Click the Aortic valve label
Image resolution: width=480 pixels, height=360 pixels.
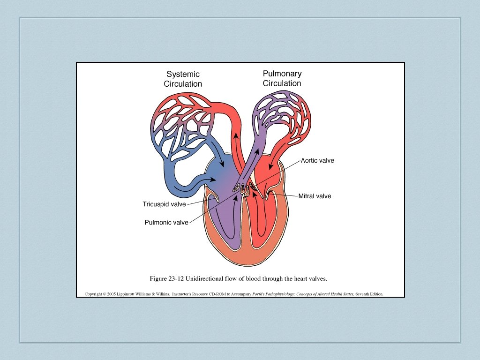tap(317, 161)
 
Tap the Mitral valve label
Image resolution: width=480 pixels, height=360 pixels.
tap(315, 196)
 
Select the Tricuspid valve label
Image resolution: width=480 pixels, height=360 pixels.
tap(164, 204)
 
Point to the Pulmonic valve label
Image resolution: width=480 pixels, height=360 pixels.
tap(166, 223)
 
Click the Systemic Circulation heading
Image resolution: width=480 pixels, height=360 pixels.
tap(183, 79)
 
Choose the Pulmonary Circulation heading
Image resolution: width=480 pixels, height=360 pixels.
tap(282, 78)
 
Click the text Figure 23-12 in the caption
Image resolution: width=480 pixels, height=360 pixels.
tap(166, 278)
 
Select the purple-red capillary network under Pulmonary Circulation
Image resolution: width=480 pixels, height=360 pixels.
tap(281, 115)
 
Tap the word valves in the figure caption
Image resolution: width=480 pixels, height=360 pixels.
tap(317, 278)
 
